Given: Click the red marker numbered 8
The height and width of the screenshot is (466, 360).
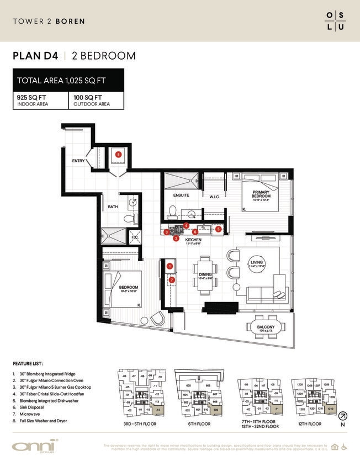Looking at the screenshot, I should coord(118,155).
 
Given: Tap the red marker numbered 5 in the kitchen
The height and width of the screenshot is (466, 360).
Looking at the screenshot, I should coord(218,229).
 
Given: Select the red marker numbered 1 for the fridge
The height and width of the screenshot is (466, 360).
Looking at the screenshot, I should coord(170,266).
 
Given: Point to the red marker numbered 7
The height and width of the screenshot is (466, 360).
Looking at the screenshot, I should coord(172,280).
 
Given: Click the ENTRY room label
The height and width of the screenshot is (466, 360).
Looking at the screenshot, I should coord(78,161).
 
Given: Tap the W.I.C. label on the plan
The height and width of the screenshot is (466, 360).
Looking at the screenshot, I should coord(215,196).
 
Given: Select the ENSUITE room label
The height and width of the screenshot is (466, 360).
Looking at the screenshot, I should coord(181,195).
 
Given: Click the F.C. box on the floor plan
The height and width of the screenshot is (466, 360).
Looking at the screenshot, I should coord(135,237).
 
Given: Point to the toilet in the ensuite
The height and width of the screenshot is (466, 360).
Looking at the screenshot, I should coord(172,211).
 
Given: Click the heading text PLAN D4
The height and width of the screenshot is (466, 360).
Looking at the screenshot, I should coord(36,56).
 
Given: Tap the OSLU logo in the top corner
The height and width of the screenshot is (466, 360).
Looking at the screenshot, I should coord(336,20).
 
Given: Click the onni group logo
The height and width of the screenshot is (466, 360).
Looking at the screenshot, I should coord(35,447).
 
